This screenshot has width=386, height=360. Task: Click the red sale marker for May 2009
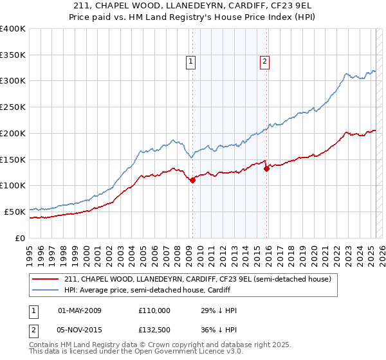[x=192, y=181]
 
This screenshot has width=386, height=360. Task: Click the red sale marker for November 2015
[x=266, y=169]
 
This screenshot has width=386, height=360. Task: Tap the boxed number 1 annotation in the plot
[x=192, y=62]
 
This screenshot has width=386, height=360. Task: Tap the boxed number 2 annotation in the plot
[x=264, y=62]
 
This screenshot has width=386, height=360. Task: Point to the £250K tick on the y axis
[x=13, y=107]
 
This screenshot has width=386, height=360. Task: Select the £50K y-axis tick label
[x=15, y=212]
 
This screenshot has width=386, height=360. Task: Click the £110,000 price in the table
[x=154, y=310]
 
